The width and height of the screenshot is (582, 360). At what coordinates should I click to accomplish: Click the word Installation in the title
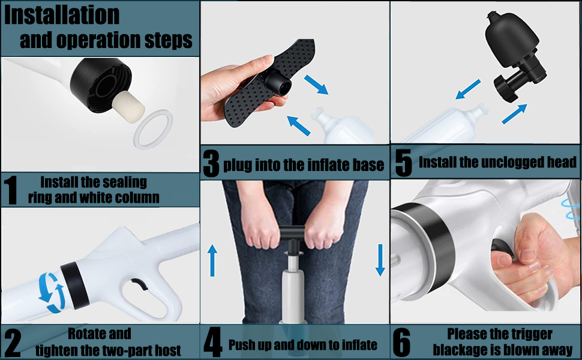[62, 14]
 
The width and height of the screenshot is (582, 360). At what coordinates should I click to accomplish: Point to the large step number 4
[213, 343]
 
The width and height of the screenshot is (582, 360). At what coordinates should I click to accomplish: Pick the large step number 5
[403, 163]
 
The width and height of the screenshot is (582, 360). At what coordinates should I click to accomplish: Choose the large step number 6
[401, 343]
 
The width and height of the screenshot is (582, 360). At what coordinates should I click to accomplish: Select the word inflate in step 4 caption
[356, 345]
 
